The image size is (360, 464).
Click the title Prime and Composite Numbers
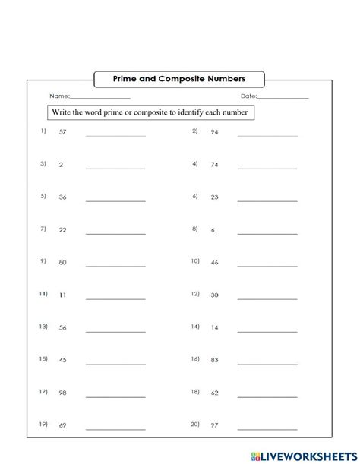pos(179,77)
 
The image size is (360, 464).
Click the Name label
pos(58,96)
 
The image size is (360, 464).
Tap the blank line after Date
pos(283,98)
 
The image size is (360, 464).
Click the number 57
pos(62,132)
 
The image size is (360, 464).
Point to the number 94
pos(214,132)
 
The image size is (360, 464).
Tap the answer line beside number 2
pos(115,168)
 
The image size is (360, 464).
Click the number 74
pos(214,164)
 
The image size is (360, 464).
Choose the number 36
pos(62,197)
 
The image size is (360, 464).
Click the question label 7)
pos(43,229)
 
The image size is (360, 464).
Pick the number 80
pos(62,262)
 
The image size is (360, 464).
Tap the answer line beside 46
pos(267,266)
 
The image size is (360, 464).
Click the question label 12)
pos(194,294)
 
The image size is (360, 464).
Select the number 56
pos(62,327)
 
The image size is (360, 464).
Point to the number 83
pos(214,360)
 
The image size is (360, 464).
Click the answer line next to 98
pos(115,396)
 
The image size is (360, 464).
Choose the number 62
pos(214,393)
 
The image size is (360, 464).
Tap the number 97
pos(214,425)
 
